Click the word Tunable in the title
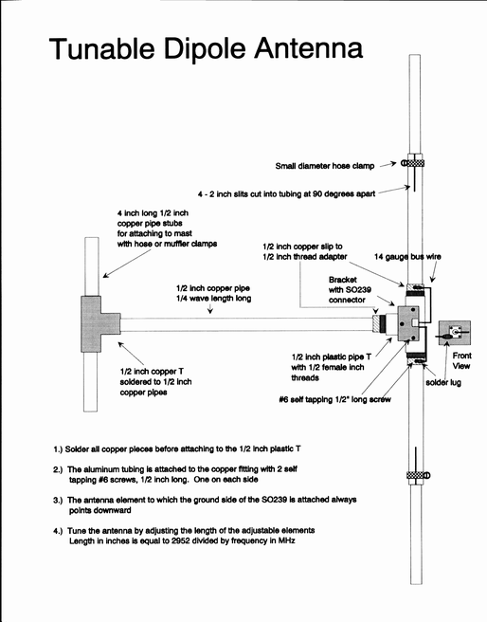coord(101,48)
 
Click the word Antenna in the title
coord(308,48)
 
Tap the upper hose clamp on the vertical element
coord(414,163)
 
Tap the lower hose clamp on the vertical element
coord(419,475)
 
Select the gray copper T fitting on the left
coord(96,324)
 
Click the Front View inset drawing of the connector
coord(454,333)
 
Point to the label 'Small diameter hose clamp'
coord(325,166)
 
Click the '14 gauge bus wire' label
coord(407,257)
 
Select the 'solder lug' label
coord(443,382)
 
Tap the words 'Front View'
coord(461,360)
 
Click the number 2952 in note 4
coord(182,540)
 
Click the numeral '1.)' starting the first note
coord(58,449)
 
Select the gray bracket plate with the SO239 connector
coord(409,323)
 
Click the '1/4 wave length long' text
coord(213,299)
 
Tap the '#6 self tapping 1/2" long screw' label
coord(334,399)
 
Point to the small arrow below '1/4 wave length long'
coord(210,309)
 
